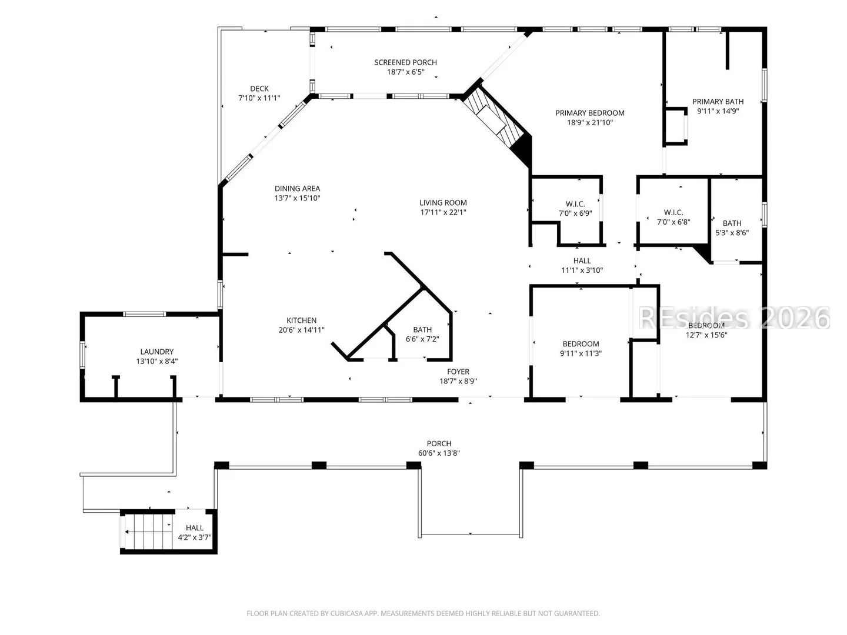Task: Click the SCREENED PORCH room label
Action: pos(405,62)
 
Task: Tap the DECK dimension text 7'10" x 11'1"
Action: pos(259,98)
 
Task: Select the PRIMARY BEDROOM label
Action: pos(589,113)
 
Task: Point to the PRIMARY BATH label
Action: pos(718,101)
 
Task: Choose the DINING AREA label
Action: pos(297,189)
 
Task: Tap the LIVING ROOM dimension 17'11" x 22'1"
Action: pos(443,212)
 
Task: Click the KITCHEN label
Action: pos(301,320)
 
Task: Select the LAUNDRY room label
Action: pos(156,352)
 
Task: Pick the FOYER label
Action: pos(458,372)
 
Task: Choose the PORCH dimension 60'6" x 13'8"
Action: pos(439,453)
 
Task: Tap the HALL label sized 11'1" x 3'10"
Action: pos(582,260)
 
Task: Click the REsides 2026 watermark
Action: pos(734,318)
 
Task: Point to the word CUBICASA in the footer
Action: pos(346,613)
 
